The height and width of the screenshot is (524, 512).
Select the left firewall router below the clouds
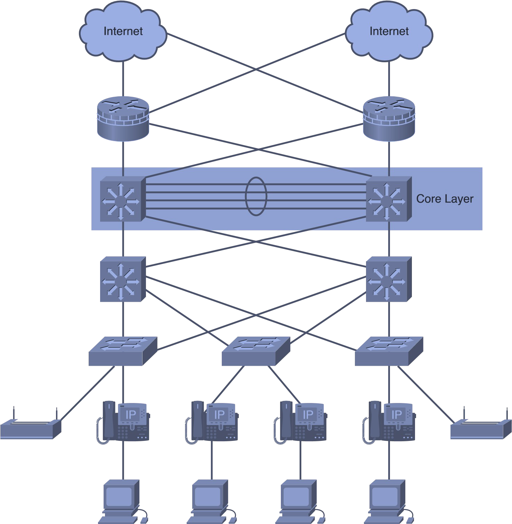(x=123, y=119)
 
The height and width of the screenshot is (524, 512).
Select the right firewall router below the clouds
(x=389, y=119)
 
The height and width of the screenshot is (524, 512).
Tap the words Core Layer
(x=445, y=199)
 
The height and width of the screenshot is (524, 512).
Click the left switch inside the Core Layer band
(x=123, y=199)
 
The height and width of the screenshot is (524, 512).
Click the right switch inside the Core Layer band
(x=389, y=199)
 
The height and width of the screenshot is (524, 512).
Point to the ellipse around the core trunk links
(x=246, y=196)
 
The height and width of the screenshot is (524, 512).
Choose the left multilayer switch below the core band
(x=123, y=279)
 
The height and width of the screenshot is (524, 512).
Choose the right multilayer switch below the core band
(x=389, y=279)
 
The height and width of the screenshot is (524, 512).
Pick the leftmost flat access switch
(x=123, y=351)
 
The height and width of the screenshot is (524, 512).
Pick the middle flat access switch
(x=256, y=351)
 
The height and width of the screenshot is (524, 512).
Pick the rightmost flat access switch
(x=389, y=351)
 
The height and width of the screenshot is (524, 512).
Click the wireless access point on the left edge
(x=31, y=426)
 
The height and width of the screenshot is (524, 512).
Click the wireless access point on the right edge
(x=481, y=426)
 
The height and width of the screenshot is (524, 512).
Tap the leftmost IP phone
(x=123, y=422)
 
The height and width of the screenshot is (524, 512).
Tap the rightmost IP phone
(x=389, y=422)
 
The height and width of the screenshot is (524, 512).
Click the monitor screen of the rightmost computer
(x=384, y=497)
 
